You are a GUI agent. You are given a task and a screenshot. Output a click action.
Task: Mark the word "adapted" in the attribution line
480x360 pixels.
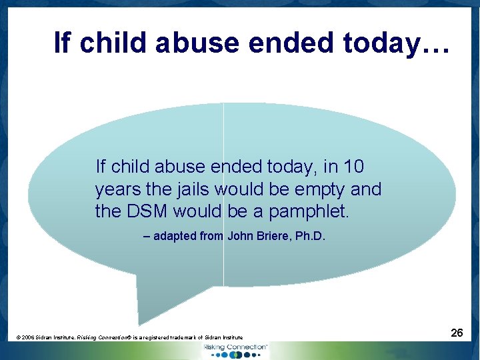175,236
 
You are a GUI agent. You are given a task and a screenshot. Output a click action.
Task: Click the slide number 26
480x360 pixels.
457,332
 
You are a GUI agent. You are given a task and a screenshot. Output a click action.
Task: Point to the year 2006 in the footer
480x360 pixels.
28,338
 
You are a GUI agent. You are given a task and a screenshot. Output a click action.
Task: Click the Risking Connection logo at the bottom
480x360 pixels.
235,350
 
